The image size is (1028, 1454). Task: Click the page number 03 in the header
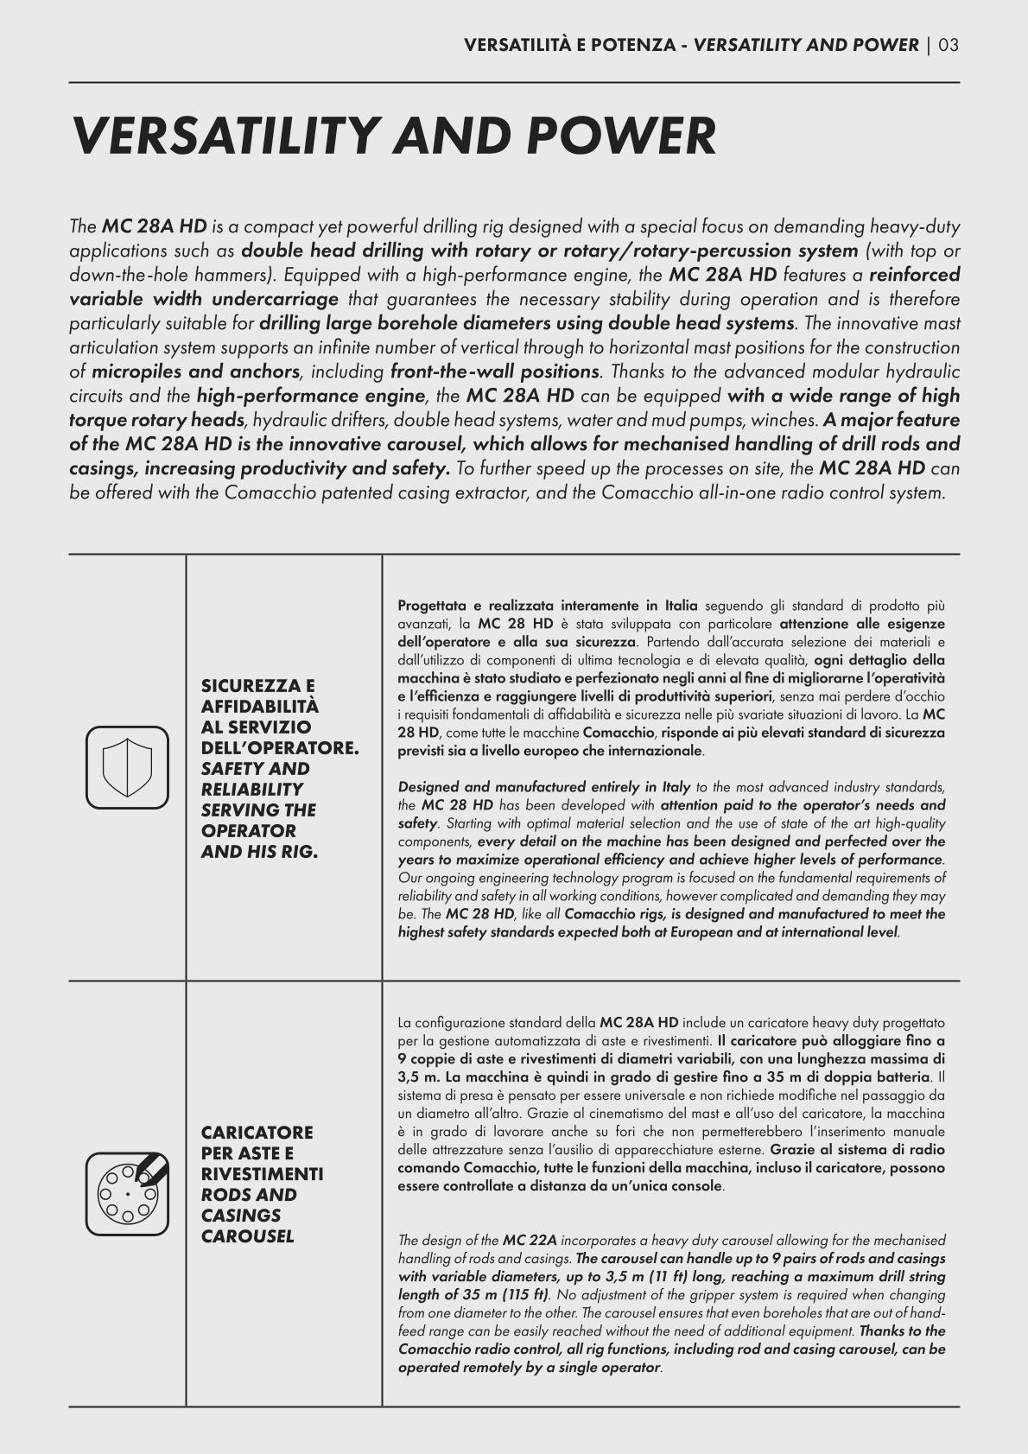pos(949,45)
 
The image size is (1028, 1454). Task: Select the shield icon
pos(127,767)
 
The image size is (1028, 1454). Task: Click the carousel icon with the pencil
pos(127,1193)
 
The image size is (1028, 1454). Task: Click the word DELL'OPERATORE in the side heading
pos(280,748)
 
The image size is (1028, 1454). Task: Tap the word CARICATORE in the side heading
pos(257,1133)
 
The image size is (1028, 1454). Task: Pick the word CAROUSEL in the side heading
pos(247,1236)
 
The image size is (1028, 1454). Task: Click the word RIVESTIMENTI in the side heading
pos(262,1174)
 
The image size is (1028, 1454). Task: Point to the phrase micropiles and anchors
pos(195,372)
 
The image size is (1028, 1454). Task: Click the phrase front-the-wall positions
pos(495,372)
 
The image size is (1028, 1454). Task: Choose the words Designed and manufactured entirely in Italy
pos(543,787)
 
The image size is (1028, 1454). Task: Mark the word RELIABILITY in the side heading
pos(251,790)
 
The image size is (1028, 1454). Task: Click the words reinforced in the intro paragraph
pos(914,276)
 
